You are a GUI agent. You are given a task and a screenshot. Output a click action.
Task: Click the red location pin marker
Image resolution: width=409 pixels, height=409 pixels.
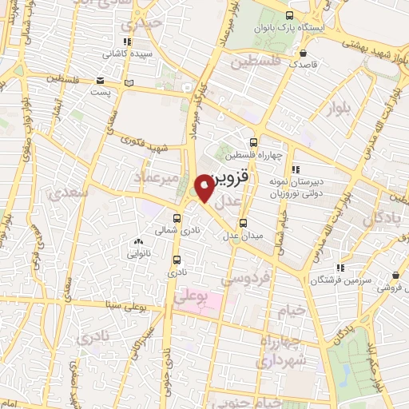204,189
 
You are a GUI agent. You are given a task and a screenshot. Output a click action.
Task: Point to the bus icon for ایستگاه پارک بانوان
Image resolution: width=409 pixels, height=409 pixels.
288,15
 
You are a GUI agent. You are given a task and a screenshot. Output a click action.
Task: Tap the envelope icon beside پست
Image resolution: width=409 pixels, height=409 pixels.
99,80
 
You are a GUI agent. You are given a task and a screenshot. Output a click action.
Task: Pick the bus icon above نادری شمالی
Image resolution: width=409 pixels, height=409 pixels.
177,216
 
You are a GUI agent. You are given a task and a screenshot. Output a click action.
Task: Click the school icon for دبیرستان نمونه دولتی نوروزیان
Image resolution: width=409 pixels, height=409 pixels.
296,169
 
